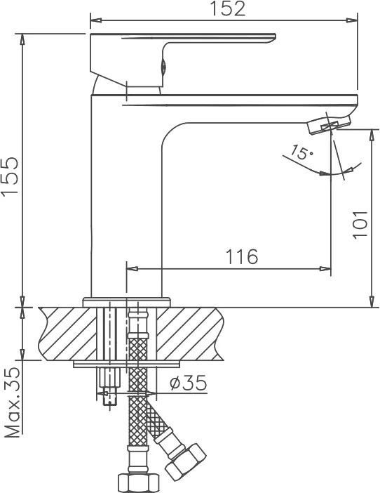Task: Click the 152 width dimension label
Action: (227, 9)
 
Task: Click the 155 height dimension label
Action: (10, 176)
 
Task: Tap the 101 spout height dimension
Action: (359, 225)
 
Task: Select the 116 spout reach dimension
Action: (242, 256)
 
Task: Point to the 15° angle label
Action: (301, 152)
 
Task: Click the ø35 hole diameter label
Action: (189, 383)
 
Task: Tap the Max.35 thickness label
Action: (13, 402)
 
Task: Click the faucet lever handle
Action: (183, 59)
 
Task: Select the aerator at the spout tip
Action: (329, 124)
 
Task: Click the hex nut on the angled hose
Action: (186, 461)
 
